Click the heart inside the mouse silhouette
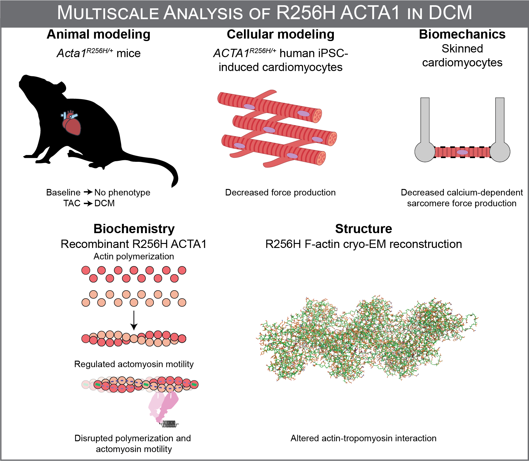click(x=72, y=124)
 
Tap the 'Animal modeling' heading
click(x=99, y=34)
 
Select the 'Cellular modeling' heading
click(x=280, y=34)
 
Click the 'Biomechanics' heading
click(x=462, y=34)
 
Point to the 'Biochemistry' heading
click(x=134, y=229)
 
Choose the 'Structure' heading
click(x=363, y=229)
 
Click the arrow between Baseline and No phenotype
click(x=88, y=192)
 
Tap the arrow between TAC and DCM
click(x=88, y=203)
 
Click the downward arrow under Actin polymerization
click(x=134, y=320)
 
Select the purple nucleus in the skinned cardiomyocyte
click(x=462, y=152)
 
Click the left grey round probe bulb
click(x=425, y=151)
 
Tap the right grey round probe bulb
click(x=500, y=151)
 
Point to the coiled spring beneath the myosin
click(x=169, y=424)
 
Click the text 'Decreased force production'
click(x=280, y=192)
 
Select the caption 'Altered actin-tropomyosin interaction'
click(x=363, y=438)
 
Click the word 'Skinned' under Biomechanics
click(x=462, y=48)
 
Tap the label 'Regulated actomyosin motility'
click(x=134, y=364)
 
